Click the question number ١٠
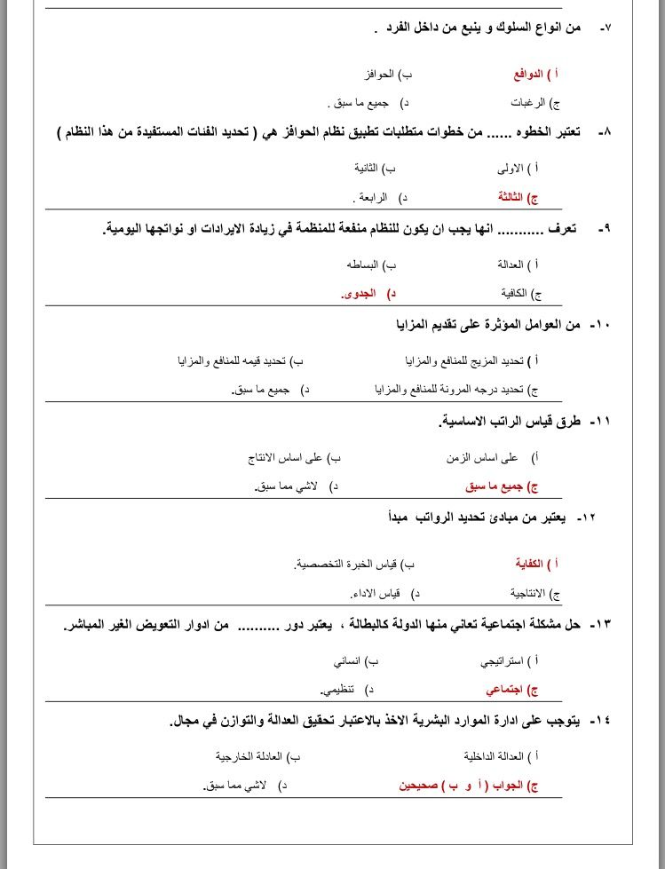[x=600, y=325]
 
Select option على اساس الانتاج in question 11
[x=287, y=458]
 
